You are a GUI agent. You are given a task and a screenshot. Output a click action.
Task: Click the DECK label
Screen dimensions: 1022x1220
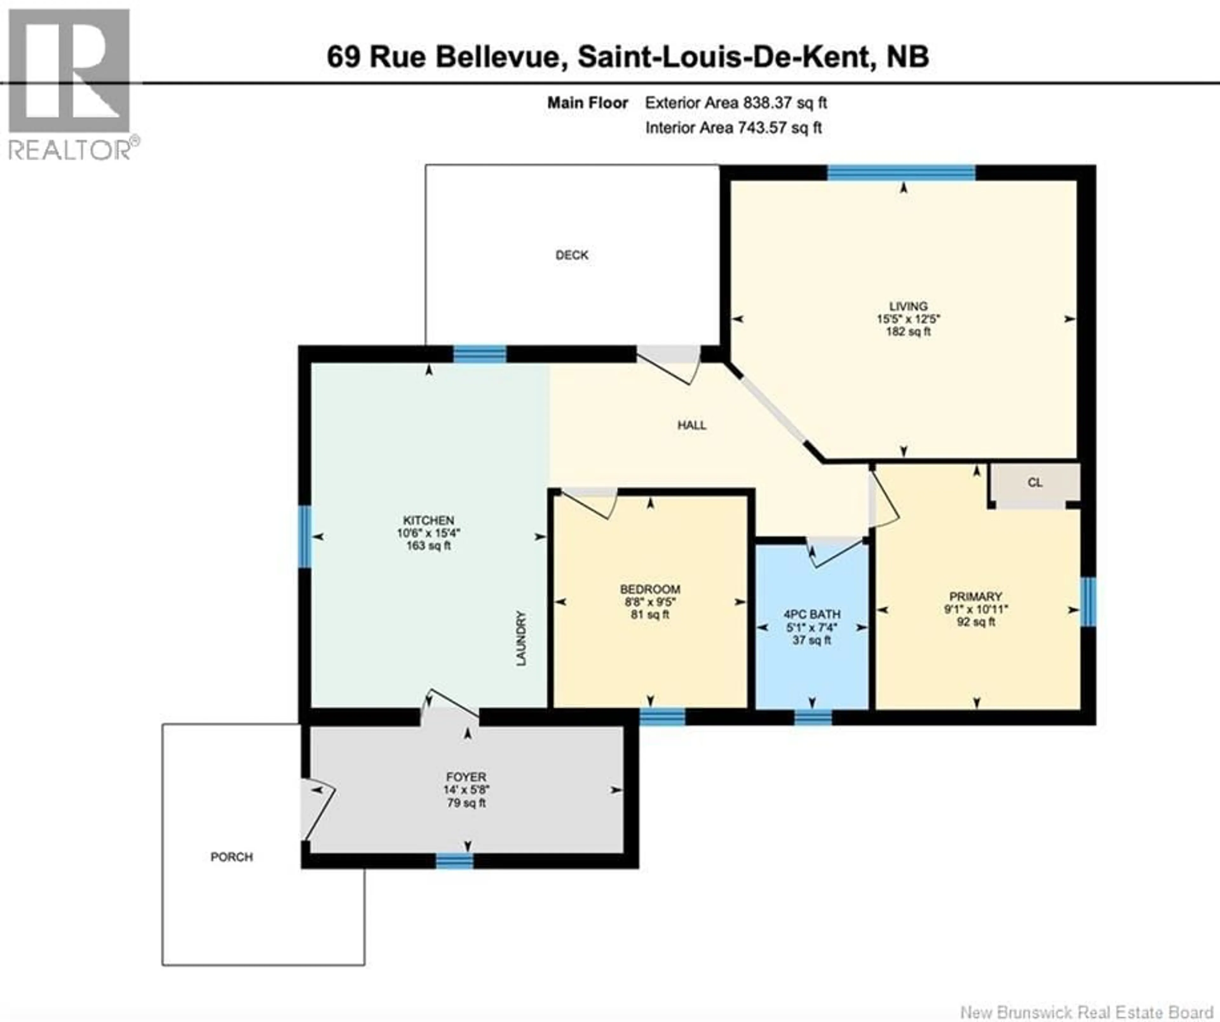572,255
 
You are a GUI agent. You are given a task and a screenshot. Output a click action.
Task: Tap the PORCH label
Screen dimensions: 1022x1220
231,857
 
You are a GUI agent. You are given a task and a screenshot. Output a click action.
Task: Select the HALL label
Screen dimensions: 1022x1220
691,425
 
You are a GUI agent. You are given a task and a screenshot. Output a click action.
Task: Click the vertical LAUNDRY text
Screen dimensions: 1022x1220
521,638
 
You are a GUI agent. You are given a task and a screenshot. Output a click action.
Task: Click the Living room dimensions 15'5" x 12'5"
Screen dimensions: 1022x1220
908,319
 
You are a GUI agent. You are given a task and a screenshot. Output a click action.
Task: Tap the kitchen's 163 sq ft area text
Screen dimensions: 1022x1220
428,546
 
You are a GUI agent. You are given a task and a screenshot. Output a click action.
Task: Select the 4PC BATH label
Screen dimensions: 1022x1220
812,614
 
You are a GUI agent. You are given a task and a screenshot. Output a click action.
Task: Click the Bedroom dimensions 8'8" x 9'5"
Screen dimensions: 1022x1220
649,602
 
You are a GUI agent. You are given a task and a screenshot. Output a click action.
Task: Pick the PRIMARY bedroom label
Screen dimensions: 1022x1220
975,597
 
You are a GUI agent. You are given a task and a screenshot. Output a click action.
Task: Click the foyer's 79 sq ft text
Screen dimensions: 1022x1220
466,803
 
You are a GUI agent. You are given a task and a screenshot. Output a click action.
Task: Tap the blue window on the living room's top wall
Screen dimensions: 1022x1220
901,173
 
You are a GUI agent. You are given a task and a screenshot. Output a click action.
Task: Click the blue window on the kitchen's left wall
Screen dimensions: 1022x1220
304,536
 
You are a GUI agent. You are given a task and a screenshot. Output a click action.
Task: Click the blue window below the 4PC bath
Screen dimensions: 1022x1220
813,718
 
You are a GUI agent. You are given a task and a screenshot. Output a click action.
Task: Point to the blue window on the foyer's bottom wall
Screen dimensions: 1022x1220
454,861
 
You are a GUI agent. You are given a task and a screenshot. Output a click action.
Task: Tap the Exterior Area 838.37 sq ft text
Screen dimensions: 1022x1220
735,103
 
